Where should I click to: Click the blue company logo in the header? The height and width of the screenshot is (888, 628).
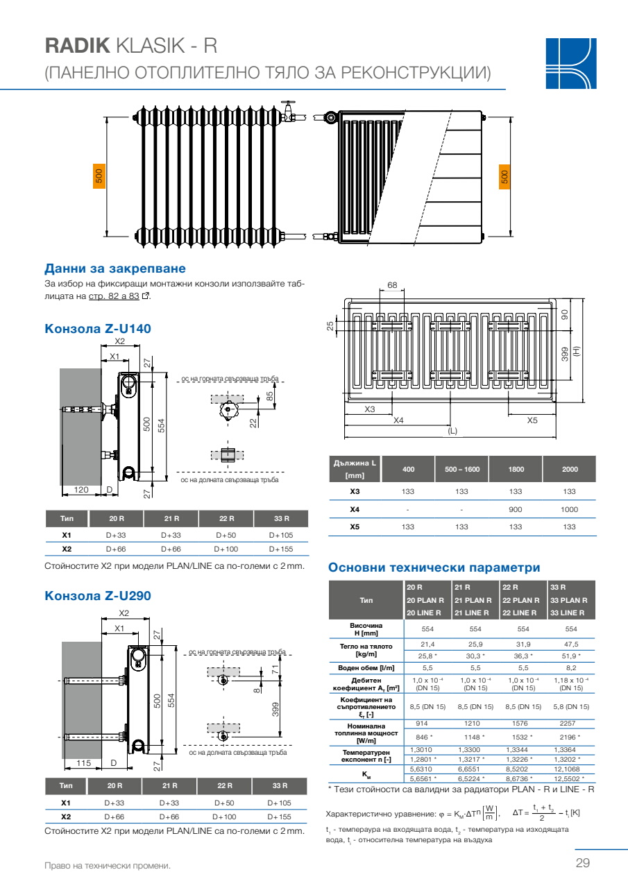click(571, 62)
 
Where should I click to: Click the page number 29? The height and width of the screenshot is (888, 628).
click(582, 863)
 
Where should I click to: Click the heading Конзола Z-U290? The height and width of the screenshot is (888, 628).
click(98, 595)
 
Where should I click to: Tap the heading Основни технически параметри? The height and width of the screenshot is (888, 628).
click(434, 567)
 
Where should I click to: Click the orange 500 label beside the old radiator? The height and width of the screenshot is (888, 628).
click(99, 176)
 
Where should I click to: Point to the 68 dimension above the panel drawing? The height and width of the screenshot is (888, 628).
click(392, 286)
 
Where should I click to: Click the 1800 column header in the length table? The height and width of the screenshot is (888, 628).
click(516, 470)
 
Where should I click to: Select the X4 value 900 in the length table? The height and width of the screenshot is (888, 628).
click(516, 509)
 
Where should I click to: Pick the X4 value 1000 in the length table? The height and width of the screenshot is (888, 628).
click(569, 509)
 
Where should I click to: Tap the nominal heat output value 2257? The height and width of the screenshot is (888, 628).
click(571, 724)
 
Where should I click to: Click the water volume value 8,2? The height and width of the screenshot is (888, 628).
click(571, 667)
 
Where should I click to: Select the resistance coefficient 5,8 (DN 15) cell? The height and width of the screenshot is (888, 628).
click(571, 706)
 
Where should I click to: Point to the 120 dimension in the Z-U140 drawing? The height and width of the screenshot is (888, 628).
click(81, 490)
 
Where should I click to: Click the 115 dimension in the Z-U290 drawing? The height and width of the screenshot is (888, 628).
click(83, 763)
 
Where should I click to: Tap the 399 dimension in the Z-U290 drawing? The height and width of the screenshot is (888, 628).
click(275, 709)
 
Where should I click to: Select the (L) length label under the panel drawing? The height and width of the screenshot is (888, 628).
click(452, 431)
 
